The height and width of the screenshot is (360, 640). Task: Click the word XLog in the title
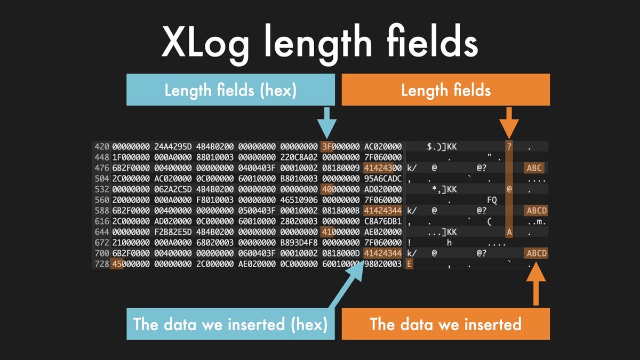point(205,42)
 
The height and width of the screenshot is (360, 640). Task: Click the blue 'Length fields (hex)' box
point(230,90)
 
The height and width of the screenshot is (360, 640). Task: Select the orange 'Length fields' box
point(446,90)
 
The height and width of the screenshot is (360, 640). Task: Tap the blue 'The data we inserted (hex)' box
point(230,324)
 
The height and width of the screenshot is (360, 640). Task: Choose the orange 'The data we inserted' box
point(446,324)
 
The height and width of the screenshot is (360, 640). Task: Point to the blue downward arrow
point(327,123)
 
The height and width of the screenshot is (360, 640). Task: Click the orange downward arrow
point(509,123)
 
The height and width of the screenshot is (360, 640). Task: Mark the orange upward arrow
point(536,284)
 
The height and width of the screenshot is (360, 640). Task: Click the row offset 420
point(102,147)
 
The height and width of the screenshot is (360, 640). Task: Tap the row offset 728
point(102,264)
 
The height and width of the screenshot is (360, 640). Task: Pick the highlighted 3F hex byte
point(326,147)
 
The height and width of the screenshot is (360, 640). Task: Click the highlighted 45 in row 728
point(117,264)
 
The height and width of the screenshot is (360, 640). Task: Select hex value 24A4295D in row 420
point(173,147)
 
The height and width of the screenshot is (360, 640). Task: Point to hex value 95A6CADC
point(383,179)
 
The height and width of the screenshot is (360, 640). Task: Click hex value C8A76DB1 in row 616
point(383,221)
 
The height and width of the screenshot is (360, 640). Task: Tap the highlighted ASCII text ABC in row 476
point(534,167)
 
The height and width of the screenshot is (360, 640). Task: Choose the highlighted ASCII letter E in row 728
point(409,264)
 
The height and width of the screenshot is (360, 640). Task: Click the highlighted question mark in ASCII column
point(509,147)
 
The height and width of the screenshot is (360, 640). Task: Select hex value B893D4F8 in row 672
point(299,243)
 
